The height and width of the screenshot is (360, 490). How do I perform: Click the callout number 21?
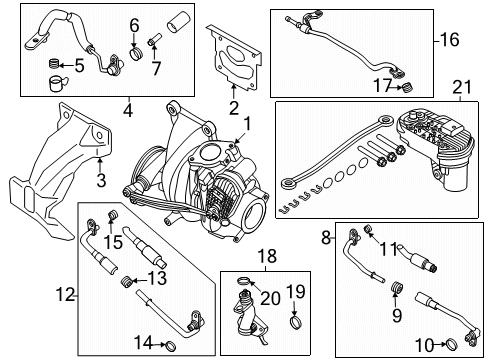(462, 87)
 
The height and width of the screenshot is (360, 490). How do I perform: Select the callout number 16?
(449, 40)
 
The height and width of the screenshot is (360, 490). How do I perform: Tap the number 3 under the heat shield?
(101, 180)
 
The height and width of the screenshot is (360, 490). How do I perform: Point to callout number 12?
(65, 295)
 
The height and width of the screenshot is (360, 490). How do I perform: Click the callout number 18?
(267, 256)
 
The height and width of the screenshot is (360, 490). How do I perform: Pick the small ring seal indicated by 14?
(171, 347)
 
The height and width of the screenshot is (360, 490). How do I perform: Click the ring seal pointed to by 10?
(452, 344)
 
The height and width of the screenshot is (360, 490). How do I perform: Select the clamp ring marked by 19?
(295, 323)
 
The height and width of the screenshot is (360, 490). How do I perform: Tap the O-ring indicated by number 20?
(243, 281)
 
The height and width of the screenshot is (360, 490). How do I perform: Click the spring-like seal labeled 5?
(54, 63)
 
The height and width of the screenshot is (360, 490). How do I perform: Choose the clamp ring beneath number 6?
(136, 54)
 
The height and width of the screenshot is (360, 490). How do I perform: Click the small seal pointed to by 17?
(407, 87)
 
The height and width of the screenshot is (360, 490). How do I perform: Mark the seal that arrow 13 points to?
(126, 281)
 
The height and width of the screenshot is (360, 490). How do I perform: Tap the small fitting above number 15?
(112, 215)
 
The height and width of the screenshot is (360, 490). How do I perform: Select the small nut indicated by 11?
(368, 229)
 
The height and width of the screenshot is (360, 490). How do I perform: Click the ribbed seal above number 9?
(395, 287)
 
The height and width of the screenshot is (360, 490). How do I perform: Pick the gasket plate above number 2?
(234, 58)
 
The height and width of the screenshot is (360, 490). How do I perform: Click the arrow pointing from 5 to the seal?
(67, 65)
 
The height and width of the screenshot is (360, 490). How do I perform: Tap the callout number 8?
(326, 238)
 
